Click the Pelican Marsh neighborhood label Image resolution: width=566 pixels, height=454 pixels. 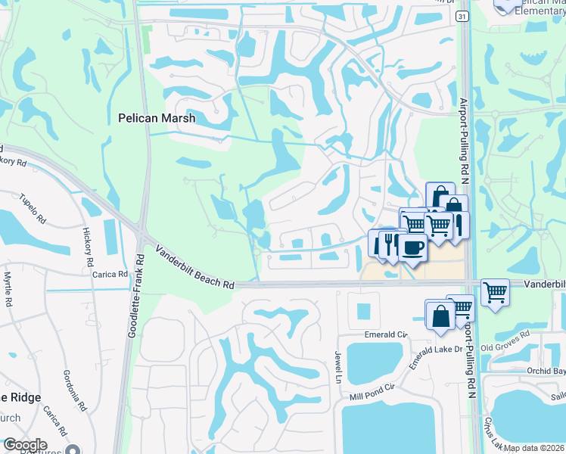click(157, 118)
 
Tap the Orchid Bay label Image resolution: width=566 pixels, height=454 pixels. click(546, 372)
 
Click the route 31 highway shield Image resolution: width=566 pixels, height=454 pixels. click(462, 16)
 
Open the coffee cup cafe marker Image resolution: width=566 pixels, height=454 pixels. click(412, 248)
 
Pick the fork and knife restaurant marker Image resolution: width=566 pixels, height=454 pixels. click(390, 242)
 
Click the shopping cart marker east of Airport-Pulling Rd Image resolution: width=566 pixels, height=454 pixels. click(495, 291)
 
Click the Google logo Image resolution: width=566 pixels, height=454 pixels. click(25, 445)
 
